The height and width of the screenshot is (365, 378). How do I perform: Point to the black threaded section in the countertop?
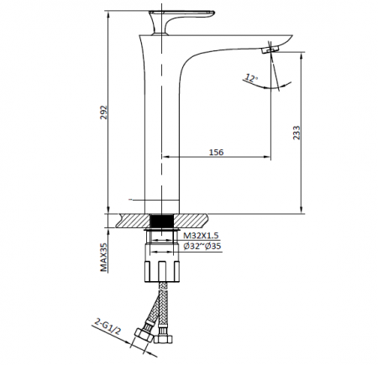click(162, 221)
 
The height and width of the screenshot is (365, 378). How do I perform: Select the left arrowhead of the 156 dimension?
click(165, 156)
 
